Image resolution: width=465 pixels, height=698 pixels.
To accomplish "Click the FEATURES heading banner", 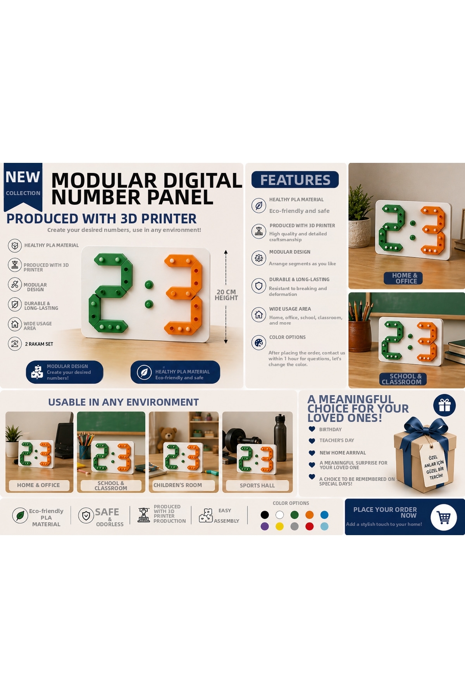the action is [295, 180].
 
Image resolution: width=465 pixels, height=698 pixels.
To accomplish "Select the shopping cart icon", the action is [444, 517].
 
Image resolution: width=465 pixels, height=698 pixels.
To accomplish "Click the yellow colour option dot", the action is [279, 526].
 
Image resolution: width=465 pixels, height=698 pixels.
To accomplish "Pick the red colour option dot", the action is [309, 526].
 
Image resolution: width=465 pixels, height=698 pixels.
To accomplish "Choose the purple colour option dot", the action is [265, 526].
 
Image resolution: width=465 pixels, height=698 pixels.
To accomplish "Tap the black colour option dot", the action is [265, 515].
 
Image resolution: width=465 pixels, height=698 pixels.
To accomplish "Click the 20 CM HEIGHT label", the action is [226, 295].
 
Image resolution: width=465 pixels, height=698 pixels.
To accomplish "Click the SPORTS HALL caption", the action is [257, 485].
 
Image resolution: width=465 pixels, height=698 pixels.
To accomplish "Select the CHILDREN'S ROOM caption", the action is [177, 485].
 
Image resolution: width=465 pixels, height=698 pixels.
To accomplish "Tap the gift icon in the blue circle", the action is [444, 406].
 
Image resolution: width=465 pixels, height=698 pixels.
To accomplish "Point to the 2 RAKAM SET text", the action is [39, 344].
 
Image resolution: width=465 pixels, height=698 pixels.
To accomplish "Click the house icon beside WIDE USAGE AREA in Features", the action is [259, 314].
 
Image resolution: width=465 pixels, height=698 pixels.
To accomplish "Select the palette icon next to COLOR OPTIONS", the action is [259, 342].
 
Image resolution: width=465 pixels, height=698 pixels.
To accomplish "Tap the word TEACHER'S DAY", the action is [337, 441].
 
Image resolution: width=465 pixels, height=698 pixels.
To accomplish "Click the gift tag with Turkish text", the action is [434, 467].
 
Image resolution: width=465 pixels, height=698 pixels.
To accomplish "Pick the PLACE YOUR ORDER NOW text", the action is [385, 512].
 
